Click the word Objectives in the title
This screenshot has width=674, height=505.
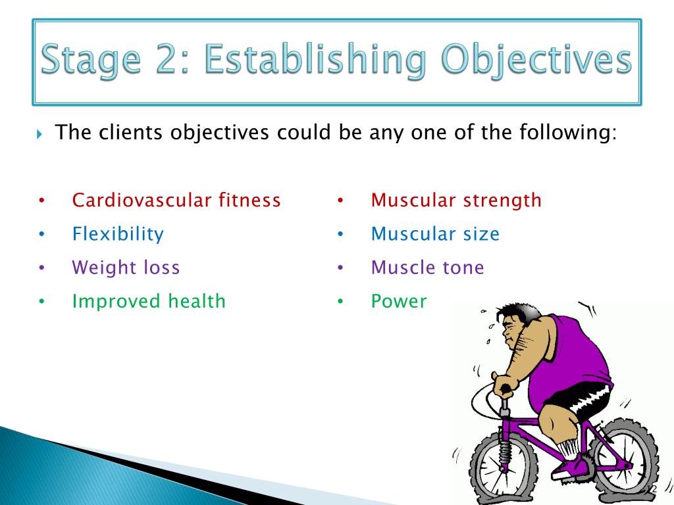point(536,60)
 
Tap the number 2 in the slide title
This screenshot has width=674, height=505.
point(169,59)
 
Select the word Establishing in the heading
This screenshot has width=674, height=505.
point(315,60)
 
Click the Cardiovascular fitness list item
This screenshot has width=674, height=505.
point(176,200)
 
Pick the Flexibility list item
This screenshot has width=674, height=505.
point(118,234)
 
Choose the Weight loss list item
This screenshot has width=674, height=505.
point(126,268)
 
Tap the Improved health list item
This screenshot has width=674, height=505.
point(149,301)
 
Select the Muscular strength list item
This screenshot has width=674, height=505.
point(456,201)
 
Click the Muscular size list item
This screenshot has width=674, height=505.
point(435,234)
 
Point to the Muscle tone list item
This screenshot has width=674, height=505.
point(427,268)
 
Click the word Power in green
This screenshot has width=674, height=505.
point(399,301)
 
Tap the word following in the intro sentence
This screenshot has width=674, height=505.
point(568,133)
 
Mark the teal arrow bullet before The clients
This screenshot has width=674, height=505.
point(39,134)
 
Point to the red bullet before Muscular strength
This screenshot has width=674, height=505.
point(340,200)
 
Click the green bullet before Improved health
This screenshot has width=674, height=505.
point(41,301)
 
